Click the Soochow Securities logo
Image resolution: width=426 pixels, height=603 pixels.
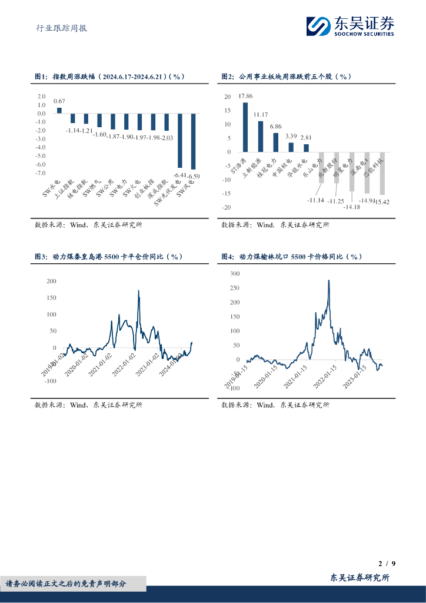coord(350,26)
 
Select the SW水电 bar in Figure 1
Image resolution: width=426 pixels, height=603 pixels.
coord(59,110)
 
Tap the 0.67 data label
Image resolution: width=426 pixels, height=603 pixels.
coord(59,101)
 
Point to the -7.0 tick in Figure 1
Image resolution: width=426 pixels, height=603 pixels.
coord(41,173)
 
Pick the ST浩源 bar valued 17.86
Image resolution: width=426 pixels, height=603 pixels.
coord(245,127)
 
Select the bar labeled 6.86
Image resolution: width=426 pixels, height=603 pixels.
coord(275,143)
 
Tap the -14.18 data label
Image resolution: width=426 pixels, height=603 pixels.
coord(352,207)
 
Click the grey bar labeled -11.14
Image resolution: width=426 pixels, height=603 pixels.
coord(321,167)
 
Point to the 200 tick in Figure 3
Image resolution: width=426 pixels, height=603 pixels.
coord(51,281)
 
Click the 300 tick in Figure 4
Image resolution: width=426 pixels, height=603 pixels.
coord(235,274)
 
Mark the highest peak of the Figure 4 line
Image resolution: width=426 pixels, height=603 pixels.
coord(328,280)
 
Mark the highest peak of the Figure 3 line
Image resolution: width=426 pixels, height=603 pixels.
coord(138,290)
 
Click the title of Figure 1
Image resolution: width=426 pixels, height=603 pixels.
coord(110,77)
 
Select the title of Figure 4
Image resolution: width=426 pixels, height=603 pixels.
coord(292,257)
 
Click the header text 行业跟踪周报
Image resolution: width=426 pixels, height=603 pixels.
coord(58,27)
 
